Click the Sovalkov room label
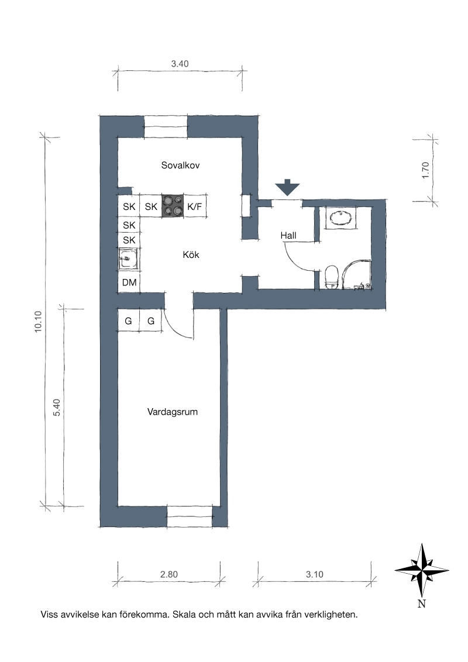pyautogui.click(x=180, y=165)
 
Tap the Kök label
pyautogui.click(x=191, y=254)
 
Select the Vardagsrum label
pyautogui.click(x=173, y=412)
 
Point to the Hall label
pyautogui.click(x=288, y=235)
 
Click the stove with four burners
pyautogui.click(x=173, y=206)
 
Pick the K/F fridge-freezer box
pyautogui.click(x=195, y=206)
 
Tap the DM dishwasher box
pyautogui.click(x=129, y=282)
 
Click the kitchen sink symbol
pyautogui.click(x=128, y=259)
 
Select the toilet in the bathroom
pyautogui.click(x=332, y=277)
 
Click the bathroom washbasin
pyautogui.click(x=341, y=218)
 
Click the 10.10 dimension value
pyautogui.click(x=39, y=322)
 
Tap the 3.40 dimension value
pyautogui.click(x=180, y=64)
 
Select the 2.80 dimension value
pyautogui.click(x=169, y=574)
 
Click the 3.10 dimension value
pyautogui.click(x=315, y=574)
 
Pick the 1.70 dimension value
pyautogui.click(x=425, y=170)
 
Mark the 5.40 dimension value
pyautogui.click(x=57, y=408)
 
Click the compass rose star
pyautogui.click(x=422, y=570)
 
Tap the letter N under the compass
pyautogui.click(x=422, y=604)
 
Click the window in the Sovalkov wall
pyautogui.click(x=166, y=126)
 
